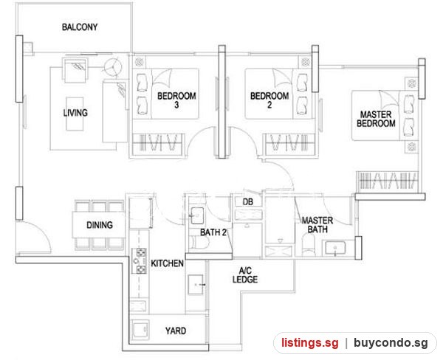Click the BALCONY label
80,27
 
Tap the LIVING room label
75,113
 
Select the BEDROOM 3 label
176,100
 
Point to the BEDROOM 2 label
269,100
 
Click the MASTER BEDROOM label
376,119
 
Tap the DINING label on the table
100,225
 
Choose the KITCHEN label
167,263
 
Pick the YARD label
176,330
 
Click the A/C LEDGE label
245,275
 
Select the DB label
248,202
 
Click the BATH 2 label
213,232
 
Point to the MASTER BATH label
317,225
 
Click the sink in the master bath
335,248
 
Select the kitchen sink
196,285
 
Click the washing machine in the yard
140,330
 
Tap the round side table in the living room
113,67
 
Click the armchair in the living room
75,70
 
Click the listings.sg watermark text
309,343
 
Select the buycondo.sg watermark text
391,343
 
